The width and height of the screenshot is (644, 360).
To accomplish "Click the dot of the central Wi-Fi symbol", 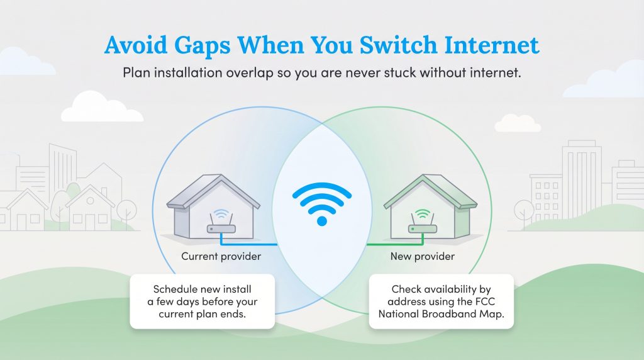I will (322, 220).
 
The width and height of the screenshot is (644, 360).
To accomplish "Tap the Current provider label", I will (221, 256).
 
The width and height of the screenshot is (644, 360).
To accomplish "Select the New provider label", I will (422, 256).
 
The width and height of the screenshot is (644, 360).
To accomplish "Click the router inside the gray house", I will (221, 228).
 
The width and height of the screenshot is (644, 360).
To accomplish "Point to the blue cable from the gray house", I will (252, 243).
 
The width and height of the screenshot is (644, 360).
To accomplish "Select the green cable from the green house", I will (390, 243).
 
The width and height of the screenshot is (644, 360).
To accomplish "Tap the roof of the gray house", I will (214, 189).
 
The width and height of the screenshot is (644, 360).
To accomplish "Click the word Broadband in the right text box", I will (452, 315).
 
